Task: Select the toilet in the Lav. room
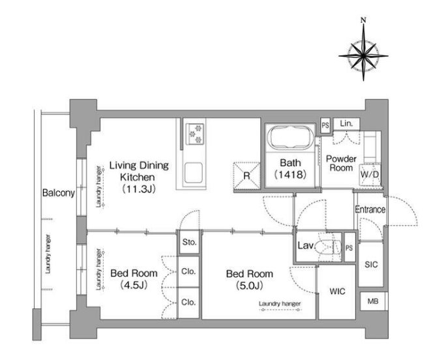pyautogui.click(x=329, y=247)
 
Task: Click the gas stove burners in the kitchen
pyautogui.click(x=196, y=132)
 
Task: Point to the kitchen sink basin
pyautogui.click(x=194, y=172)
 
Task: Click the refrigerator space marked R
pyautogui.click(x=246, y=175)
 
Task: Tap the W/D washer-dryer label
pyautogui.click(x=370, y=174)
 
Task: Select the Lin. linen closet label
pyautogui.click(x=346, y=123)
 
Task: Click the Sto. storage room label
pyautogui.click(x=189, y=242)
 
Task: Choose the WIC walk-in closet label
pyautogui.click(x=337, y=291)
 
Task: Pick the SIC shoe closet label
pyautogui.click(x=371, y=264)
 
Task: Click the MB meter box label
pyautogui.click(x=373, y=301)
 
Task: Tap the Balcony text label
pyautogui.click(x=59, y=193)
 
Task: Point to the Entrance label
pyautogui.click(x=370, y=209)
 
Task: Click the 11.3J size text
pyautogui.click(x=139, y=189)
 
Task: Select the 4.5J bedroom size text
pyautogui.click(x=134, y=285)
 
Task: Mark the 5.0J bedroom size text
pyautogui.click(x=250, y=286)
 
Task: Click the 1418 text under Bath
pyautogui.click(x=290, y=174)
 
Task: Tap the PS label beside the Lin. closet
pyautogui.click(x=325, y=125)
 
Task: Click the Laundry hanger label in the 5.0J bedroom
pyautogui.click(x=280, y=304)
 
